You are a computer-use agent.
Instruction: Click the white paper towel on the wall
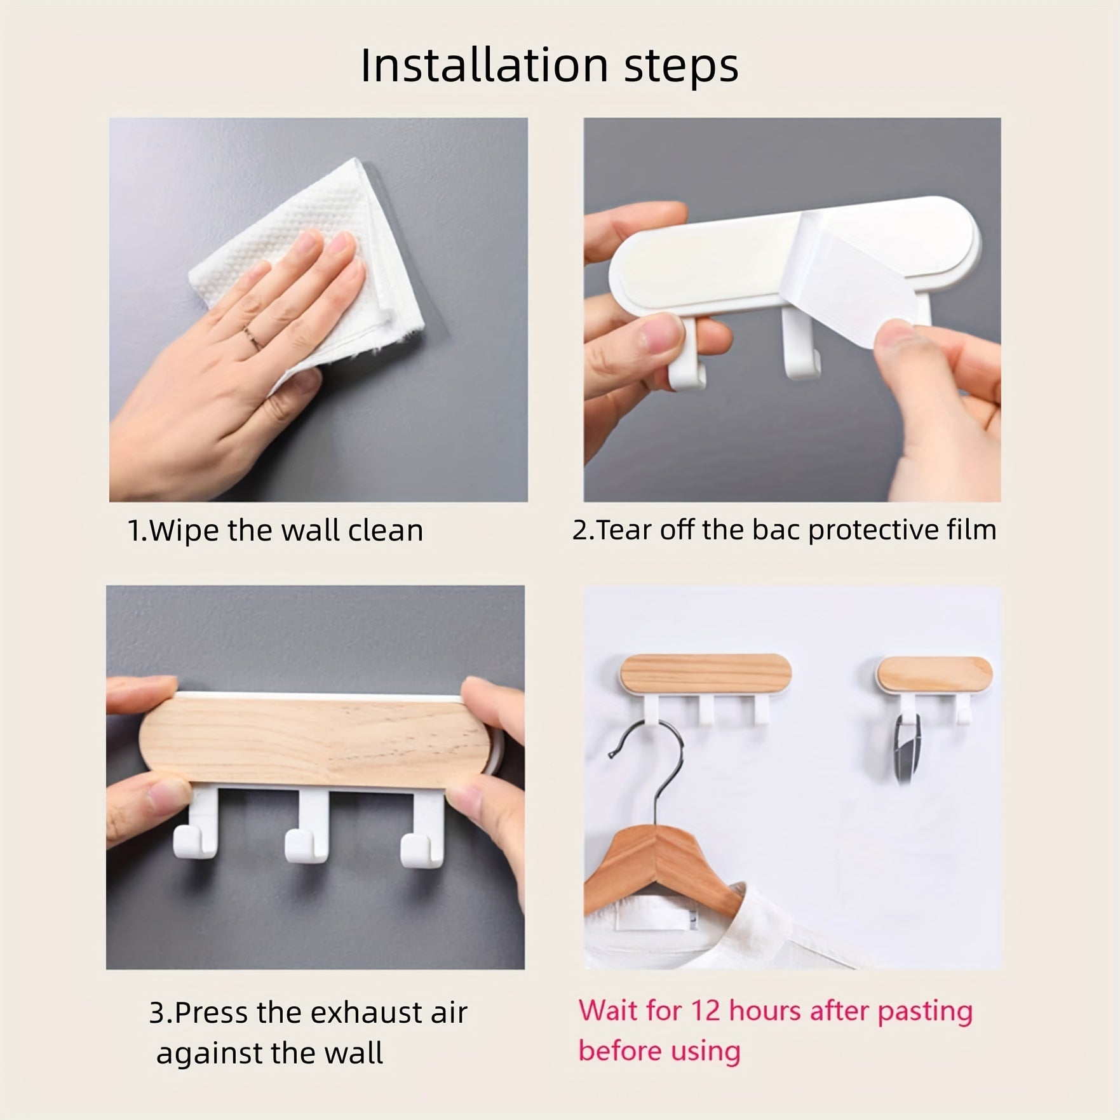coord(305,267)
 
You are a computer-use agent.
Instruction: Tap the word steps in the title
coord(682,66)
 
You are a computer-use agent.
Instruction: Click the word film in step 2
coord(975,530)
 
